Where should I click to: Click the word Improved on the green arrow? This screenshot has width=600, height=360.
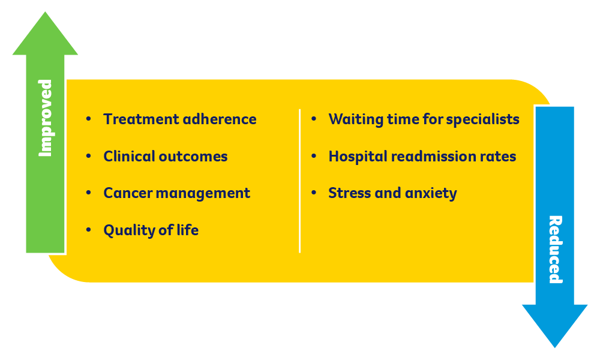(46, 118)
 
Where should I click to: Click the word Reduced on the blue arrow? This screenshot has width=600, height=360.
(555, 249)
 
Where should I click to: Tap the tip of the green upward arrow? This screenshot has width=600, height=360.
(45, 14)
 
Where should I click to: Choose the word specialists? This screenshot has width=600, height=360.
(483, 119)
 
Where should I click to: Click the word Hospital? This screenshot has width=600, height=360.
(358, 157)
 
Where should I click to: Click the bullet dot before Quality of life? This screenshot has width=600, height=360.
(89, 230)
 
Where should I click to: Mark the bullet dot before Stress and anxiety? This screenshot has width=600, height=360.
(314, 193)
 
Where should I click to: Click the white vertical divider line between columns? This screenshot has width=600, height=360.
(299, 180)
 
